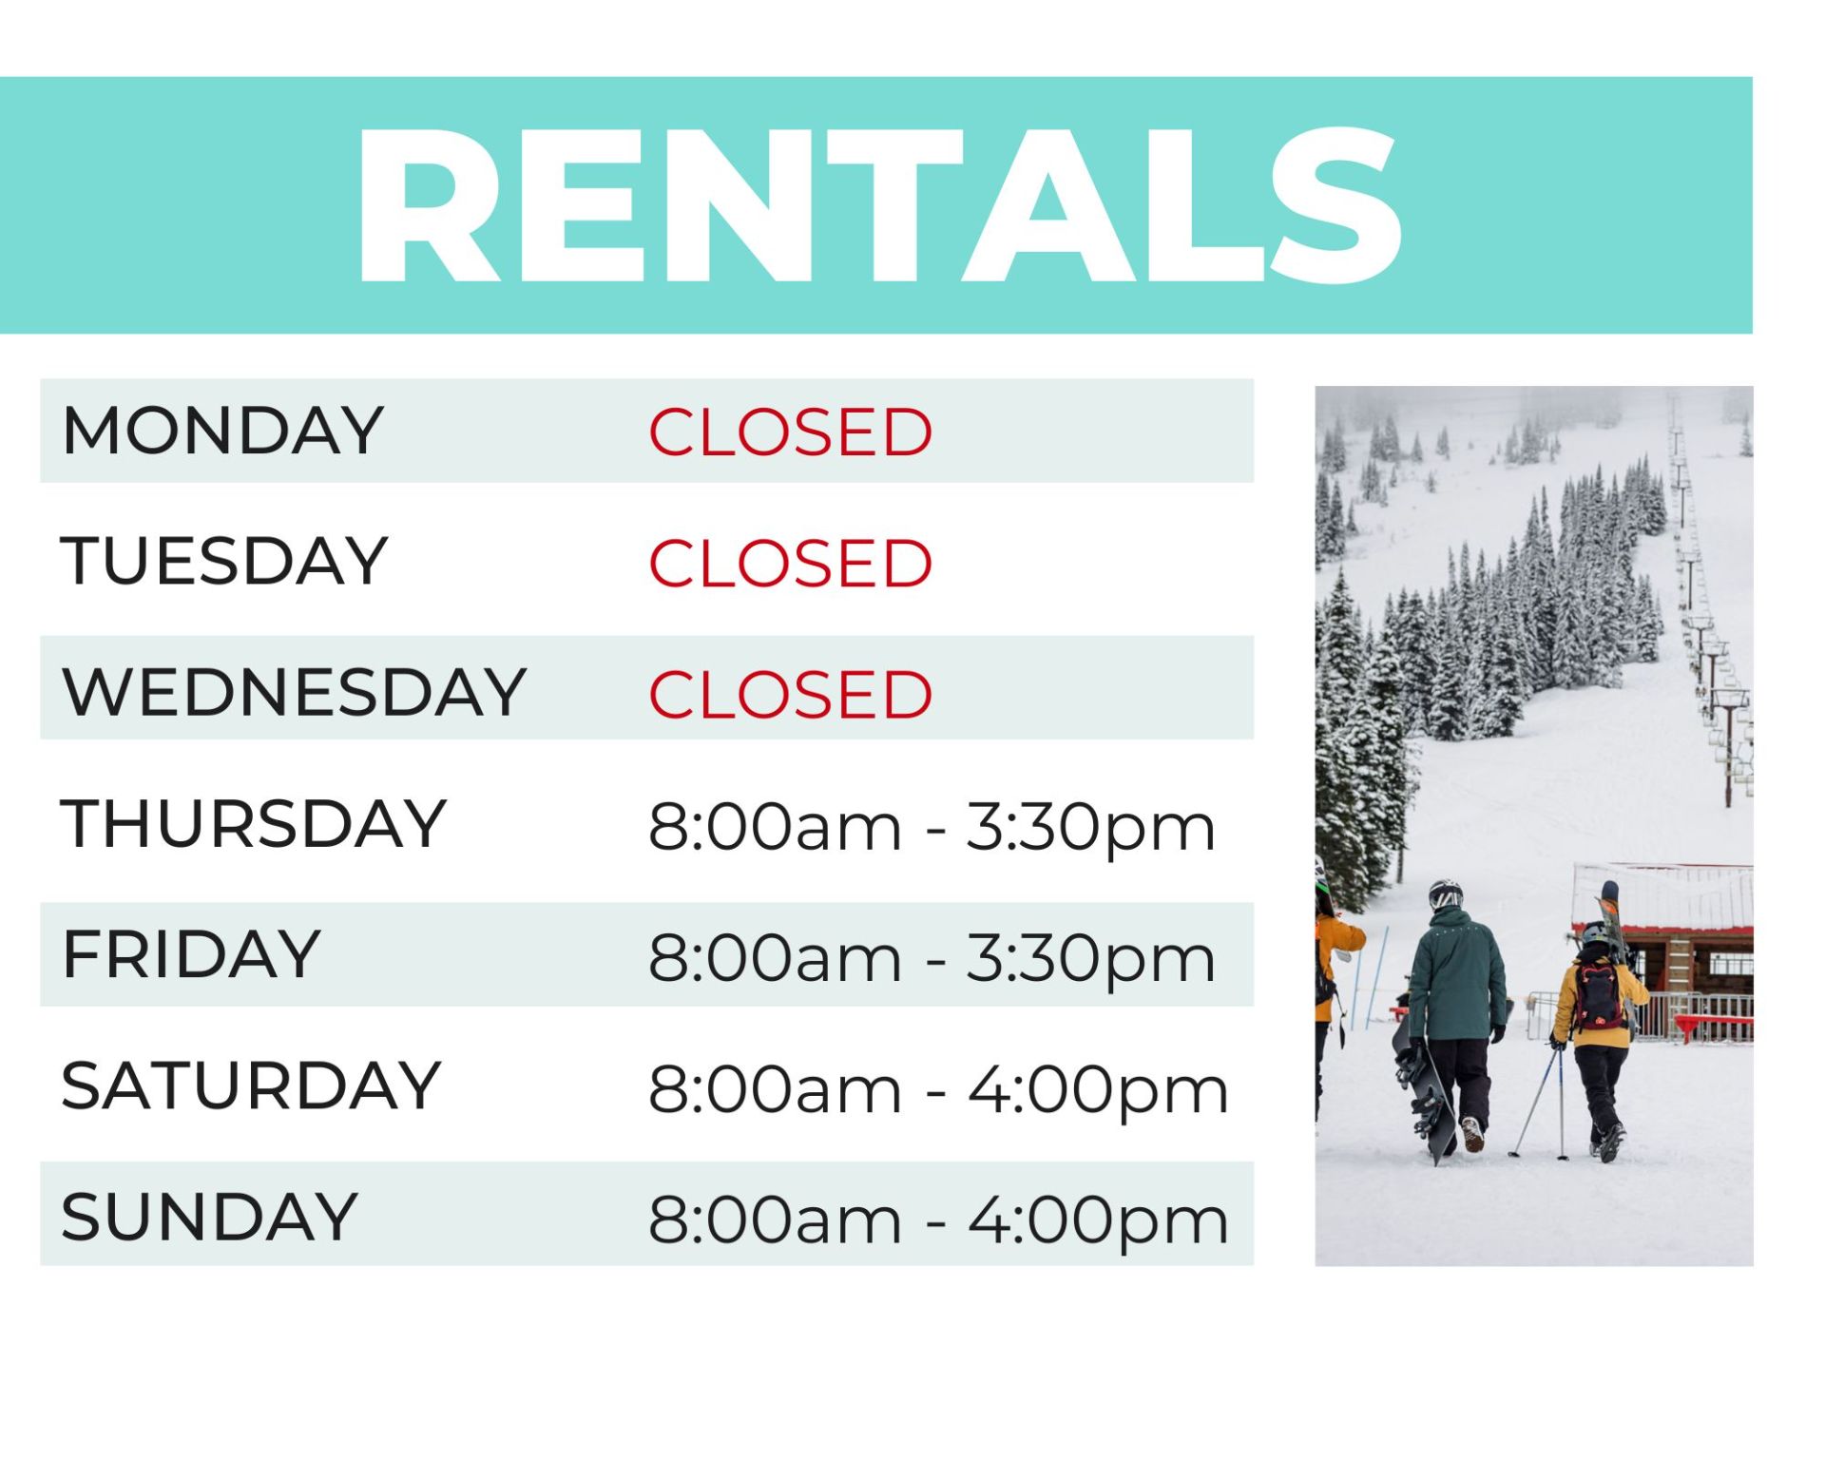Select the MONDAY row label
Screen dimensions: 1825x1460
tap(222, 431)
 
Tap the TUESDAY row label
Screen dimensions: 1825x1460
tap(224, 561)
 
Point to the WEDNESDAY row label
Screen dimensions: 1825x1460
tap(294, 691)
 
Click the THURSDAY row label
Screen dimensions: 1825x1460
tap(254, 823)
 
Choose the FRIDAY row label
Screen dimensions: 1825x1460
tap(191, 953)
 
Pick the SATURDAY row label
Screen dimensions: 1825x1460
tap(251, 1085)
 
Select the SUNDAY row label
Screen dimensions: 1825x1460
tap(209, 1216)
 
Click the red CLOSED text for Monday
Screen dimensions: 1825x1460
tap(790, 432)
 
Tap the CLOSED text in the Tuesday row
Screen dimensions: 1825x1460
tap(790, 564)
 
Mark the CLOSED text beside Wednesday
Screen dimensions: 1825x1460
tap(790, 695)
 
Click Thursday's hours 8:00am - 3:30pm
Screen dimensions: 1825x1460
tap(932, 826)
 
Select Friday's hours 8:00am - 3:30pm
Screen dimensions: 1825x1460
tap(932, 957)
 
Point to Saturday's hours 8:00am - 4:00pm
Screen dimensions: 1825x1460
tap(938, 1089)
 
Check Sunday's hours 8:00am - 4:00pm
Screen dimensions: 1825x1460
tap(938, 1220)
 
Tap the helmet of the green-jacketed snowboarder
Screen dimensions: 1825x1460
tap(1445, 894)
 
